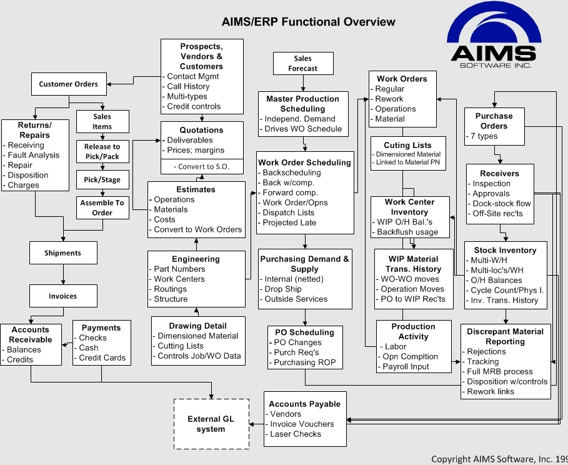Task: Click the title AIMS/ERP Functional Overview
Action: tap(308, 22)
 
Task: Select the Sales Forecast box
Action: tap(303, 64)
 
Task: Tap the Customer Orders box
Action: tap(69, 84)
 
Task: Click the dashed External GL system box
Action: tap(211, 424)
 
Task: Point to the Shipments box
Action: tap(62, 253)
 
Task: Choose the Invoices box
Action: tap(62, 296)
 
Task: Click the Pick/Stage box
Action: tap(102, 180)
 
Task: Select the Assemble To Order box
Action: tap(102, 207)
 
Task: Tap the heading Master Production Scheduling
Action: tap(302, 104)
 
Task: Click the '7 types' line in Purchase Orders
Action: tap(483, 136)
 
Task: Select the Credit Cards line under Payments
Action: tap(102, 358)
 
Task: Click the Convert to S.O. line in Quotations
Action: tap(201, 167)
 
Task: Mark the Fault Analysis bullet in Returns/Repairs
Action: tap(34, 155)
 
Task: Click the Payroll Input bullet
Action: tap(406, 367)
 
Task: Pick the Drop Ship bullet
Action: tap(283, 289)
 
